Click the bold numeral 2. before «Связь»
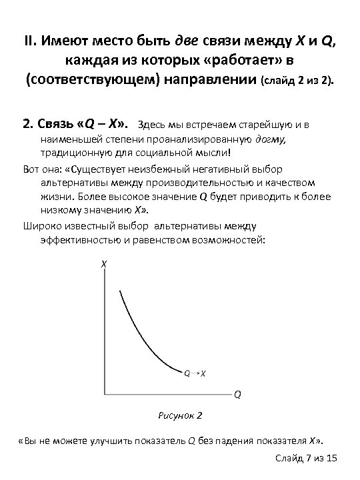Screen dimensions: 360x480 point(27,124)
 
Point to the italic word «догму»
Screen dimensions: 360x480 point(271,139)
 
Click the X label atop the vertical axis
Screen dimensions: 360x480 point(103,265)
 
